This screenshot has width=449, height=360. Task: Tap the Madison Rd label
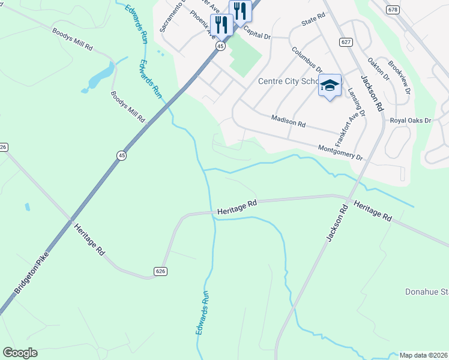pos(288,121)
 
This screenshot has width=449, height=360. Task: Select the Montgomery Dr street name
pos(340,152)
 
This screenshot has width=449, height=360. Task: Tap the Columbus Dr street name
pos(307,61)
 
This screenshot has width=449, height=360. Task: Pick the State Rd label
pos(313,21)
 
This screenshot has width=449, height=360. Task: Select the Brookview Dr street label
pos(399,77)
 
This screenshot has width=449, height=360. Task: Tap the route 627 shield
pos(345,41)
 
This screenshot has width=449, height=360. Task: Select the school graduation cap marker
pos(330,86)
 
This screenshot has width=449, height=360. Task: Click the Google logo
pos(20,353)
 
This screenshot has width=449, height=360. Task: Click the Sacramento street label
pos(170,17)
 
